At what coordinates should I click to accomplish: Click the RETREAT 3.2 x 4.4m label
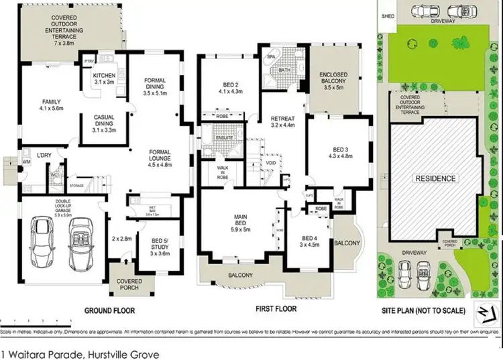point(282,119)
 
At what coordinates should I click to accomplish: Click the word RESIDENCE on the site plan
point(436,179)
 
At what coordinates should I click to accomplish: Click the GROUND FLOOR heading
point(109,310)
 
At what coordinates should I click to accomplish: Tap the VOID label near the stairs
point(271,163)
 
